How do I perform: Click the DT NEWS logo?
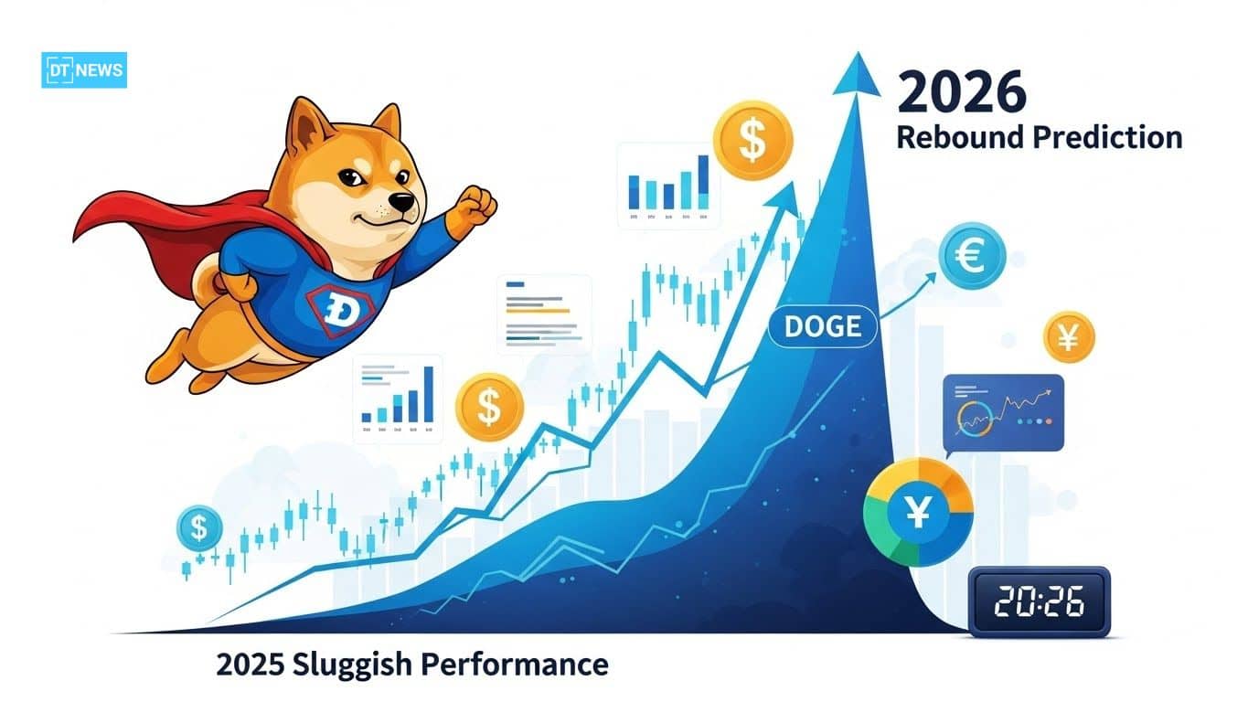(x=84, y=70)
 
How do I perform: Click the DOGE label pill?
(x=822, y=327)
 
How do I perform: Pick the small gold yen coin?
(x=1068, y=337)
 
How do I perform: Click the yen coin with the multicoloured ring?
(x=918, y=512)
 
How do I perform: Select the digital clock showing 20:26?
(x=1039, y=601)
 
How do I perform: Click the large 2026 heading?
(x=962, y=93)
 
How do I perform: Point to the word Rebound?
(x=959, y=137)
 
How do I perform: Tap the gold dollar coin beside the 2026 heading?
(x=752, y=140)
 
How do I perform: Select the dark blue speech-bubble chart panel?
(x=1003, y=412)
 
